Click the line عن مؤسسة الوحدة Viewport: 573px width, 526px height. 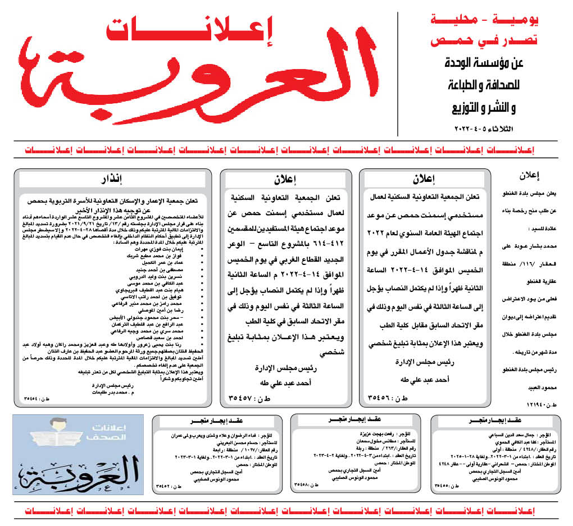pyautogui.click(x=481, y=63)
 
